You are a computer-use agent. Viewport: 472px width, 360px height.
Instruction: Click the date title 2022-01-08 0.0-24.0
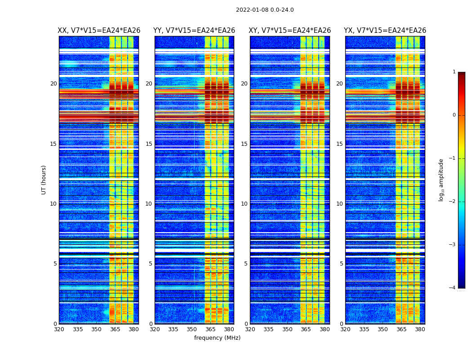[x=265, y=10]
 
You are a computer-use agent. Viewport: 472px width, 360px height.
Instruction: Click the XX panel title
[x=99, y=31]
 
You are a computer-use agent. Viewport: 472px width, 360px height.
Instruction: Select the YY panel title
[x=194, y=31]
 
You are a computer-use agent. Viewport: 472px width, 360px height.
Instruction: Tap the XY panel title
[x=290, y=31]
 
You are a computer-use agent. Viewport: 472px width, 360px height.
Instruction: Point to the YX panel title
[x=385, y=31]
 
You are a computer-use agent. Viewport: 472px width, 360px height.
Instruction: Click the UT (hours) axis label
[x=44, y=180]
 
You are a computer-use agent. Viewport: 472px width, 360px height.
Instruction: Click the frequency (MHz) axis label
[x=217, y=338]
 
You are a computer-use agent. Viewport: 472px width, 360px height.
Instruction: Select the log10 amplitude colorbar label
[x=441, y=180]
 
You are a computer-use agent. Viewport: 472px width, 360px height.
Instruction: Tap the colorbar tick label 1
[x=454, y=72]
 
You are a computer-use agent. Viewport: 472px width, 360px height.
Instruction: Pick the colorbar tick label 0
[x=454, y=115]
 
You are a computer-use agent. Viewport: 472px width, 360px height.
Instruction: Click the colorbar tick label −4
[x=453, y=288]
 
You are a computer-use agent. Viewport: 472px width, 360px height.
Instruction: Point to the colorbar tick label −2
[x=453, y=202]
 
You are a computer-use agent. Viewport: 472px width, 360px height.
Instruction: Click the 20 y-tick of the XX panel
[x=53, y=84]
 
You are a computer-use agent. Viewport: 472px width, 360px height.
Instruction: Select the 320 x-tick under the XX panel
[x=59, y=329]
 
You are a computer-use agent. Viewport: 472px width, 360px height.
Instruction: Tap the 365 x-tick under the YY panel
[x=210, y=329]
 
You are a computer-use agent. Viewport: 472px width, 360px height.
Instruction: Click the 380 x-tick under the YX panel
[x=420, y=329]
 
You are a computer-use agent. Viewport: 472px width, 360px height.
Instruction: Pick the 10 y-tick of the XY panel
[x=244, y=204]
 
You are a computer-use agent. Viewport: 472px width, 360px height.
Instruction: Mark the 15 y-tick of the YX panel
[x=339, y=144]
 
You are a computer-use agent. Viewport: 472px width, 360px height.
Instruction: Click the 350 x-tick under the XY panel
[x=287, y=329]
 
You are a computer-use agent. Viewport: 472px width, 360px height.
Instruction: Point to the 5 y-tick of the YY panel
[x=151, y=264]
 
